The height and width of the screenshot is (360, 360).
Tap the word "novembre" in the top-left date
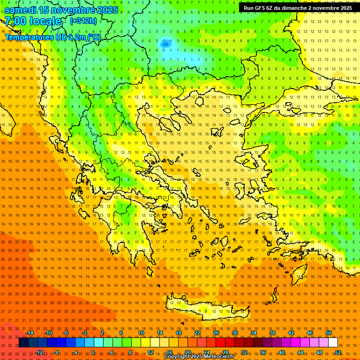click(74, 9)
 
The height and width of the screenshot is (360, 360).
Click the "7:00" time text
click(15, 21)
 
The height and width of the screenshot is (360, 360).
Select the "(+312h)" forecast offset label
click(83, 21)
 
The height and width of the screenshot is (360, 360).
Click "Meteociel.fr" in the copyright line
click(218, 357)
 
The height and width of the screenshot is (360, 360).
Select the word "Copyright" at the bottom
click(177, 357)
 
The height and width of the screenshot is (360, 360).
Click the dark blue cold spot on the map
click(165, 44)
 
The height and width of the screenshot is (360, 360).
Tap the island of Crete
click(202, 309)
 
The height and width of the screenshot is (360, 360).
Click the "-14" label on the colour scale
click(30, 333)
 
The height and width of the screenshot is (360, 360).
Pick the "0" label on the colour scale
click(93, 352)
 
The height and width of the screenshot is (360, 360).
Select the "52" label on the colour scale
click(337, 352)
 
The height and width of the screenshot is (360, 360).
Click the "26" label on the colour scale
click(216, 333)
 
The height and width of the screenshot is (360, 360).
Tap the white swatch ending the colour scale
click(333, 343)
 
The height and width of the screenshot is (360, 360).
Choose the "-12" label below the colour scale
click(39, 352)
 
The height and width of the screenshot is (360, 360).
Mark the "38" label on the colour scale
click(272, 333)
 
